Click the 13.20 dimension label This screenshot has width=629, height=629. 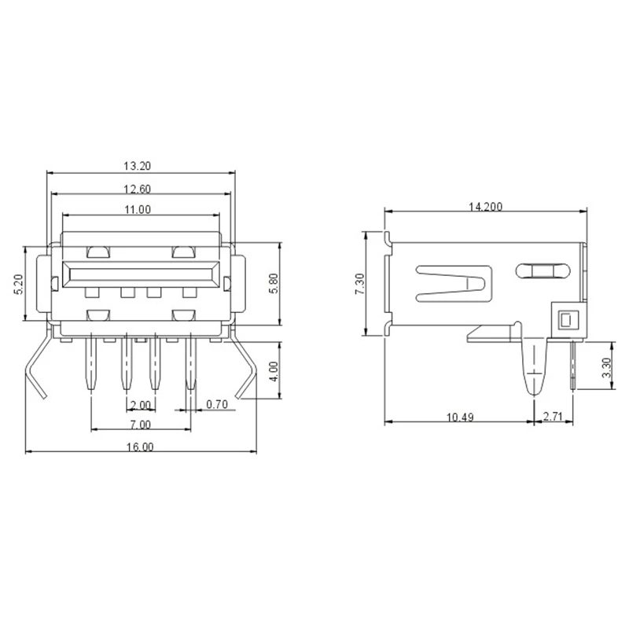point(137,166)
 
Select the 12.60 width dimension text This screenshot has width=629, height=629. point(137,189)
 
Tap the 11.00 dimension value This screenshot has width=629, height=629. point(137,209)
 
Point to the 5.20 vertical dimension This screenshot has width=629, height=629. point(19,285)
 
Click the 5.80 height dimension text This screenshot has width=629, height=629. point(274,284)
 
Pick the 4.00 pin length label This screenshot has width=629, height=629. point(274,371)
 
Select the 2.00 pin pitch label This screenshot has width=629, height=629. point(140,405)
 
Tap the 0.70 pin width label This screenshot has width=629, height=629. point(217,404)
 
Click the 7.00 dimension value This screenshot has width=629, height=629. point(141,425)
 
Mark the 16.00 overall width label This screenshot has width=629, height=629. point(140,447)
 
